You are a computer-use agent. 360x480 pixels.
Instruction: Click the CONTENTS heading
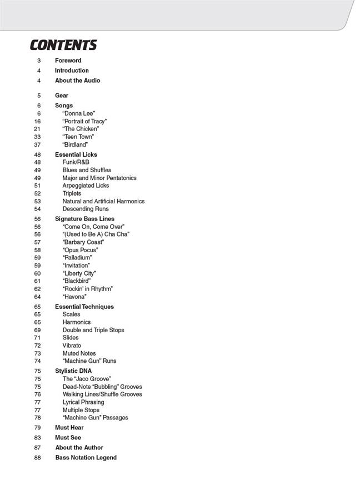(63, 45)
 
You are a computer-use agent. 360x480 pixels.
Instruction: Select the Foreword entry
(68, 61)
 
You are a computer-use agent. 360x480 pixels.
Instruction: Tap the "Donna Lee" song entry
(79, 113)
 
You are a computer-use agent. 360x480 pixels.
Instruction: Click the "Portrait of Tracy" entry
(84, 121)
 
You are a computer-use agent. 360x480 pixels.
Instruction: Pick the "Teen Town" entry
(78, 137)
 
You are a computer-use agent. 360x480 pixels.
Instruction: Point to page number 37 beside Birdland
(37, 144)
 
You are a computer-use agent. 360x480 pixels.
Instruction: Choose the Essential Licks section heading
(76, 154)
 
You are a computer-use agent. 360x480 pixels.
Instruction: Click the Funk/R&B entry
(76, 162)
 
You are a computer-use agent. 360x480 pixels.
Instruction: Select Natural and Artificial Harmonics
(103, 201)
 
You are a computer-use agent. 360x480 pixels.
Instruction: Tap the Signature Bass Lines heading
(84, 219)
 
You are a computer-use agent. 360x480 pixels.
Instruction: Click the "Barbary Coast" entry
(84, 242)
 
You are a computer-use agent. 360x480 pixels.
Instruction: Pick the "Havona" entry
(74, 297)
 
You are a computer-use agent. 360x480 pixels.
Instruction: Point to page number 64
(37, 297)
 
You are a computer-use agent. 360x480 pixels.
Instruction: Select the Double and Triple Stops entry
(93, 330)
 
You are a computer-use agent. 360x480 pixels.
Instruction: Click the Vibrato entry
(72, 346)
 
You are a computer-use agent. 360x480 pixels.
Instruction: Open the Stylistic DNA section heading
(73, 371)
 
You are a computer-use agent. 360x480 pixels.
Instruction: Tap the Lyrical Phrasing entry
(83, 402)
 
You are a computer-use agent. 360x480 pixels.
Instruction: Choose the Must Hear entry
(69, 428)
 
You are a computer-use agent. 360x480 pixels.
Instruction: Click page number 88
(38, 458)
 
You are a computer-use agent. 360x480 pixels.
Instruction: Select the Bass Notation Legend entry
(86, 458)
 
